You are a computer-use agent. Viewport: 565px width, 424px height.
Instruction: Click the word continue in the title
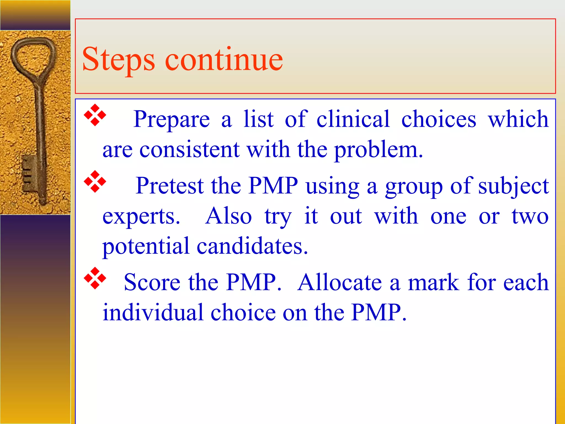pos(224,59)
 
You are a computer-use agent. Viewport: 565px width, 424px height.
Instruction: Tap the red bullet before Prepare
pos(95,115)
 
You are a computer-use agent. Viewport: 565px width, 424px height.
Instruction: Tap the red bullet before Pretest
pos(95,181)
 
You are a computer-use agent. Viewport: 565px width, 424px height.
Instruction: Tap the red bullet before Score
pos(95,278)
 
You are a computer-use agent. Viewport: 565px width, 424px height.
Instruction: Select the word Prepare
pos(171,120)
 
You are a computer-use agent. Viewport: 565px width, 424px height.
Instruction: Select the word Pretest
pos(170,186)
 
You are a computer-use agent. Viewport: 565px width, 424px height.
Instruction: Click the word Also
pos(228,216)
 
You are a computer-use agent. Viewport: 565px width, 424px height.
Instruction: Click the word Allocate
pos(340,282)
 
